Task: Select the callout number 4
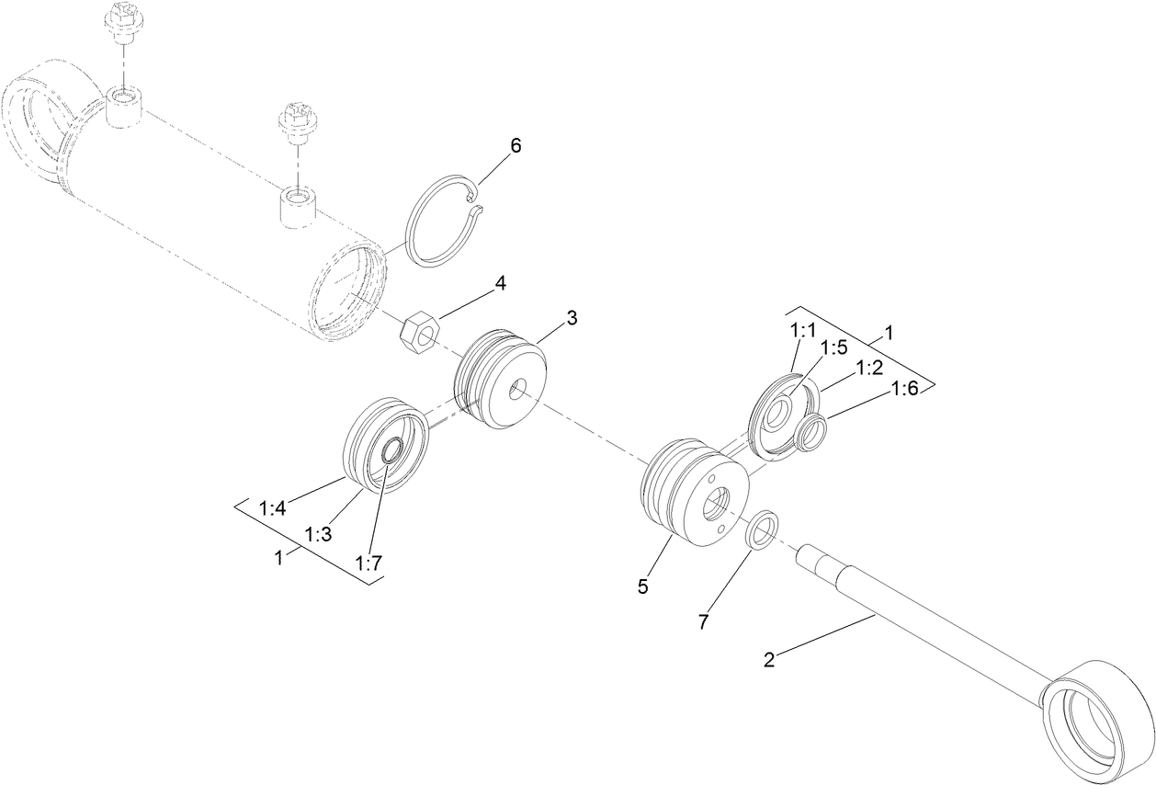pos(501,283)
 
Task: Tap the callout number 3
pos(572,318)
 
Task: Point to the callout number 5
pos(643,586)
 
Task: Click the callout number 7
pos(703,622)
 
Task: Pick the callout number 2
pos(769,659)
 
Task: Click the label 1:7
pos(368,563)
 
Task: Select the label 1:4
pos(275,506)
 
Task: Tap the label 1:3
pos(319,535)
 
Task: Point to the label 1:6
pos(904,390)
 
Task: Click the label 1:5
pos(833,347)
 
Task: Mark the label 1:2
pos(869,368)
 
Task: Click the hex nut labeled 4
pos(422,332)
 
